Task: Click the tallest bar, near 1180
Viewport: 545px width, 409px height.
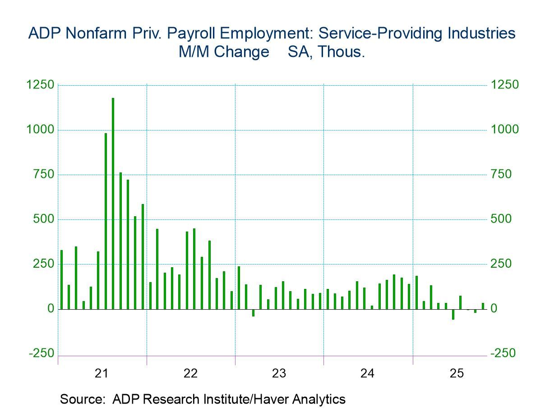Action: click(113, 203)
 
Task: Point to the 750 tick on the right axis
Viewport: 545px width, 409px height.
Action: click(502, 175)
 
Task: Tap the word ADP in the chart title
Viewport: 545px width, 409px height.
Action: click(44, 33)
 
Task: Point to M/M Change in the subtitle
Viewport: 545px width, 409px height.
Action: click(224, 52)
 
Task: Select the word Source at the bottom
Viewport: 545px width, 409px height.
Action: click(83, 399)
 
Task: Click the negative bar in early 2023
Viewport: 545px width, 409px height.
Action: click(253, 313)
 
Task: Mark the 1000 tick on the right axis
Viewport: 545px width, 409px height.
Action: click(505, 130)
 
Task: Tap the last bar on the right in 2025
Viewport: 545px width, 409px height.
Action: click(483, 306)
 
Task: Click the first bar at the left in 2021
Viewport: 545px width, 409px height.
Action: click(61, 279)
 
